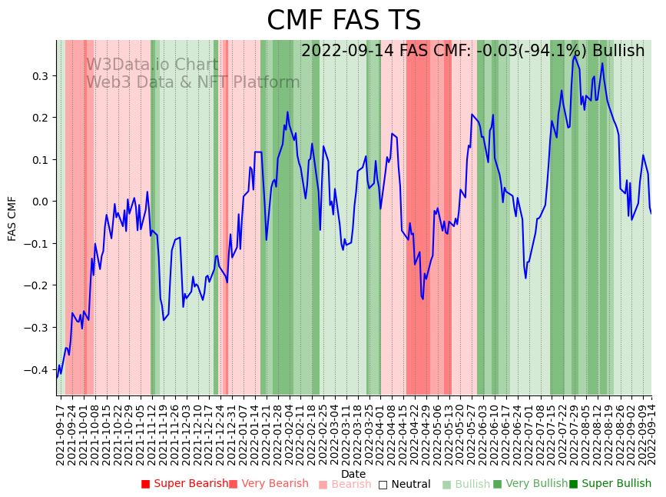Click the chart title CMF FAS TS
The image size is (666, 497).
[343, 21]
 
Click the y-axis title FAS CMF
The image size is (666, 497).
[12, 218]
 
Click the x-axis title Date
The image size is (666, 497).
[353, 474]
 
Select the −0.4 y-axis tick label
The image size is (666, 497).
[35, 370]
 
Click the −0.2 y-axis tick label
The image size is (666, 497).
[35, 285]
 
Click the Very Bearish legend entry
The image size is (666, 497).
[268, 484]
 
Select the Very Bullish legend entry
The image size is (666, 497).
[530, 484]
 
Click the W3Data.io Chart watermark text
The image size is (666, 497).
[151, 65]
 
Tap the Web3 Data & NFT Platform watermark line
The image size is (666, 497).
[192, 82]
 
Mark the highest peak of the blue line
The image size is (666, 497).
[575, 55]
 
